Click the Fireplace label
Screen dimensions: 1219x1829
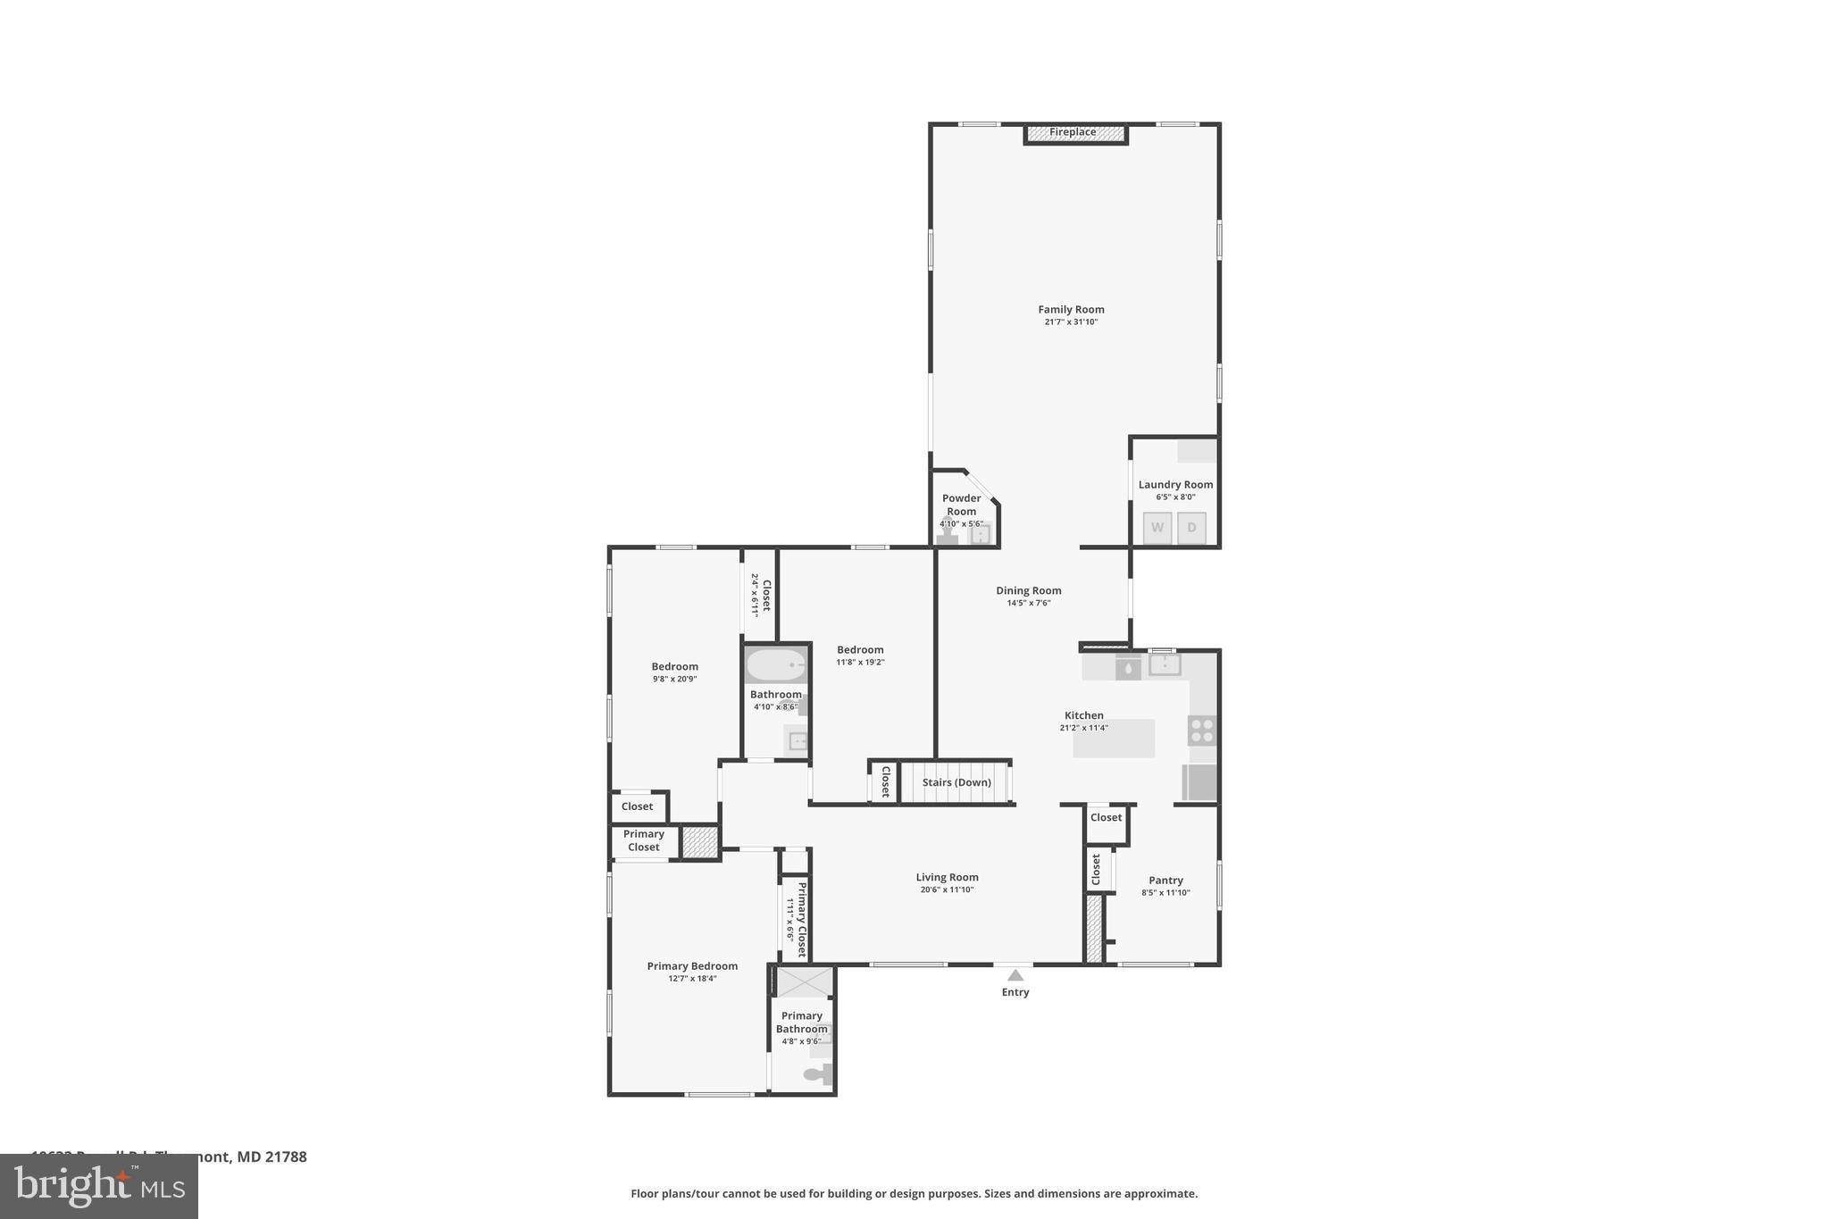[x=1073, y=132]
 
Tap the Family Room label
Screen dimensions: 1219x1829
[x=1071, y=310]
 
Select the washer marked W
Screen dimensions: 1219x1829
[x=1157, y=528]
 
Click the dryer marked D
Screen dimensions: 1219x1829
[x=1191, y=528]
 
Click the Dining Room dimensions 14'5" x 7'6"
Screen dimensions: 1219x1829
[x=1029, y=603]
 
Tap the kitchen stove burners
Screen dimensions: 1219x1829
[x=1201, y=731]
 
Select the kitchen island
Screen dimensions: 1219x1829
[x=1114, y=739]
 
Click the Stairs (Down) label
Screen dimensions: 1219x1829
[x=956, y=782]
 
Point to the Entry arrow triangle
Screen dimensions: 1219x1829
[x=1015, y=975]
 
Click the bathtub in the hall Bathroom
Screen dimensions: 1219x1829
[x=776, y=665]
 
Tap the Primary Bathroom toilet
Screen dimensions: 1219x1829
[x=817, y=1074]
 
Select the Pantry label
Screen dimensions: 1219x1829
[x=1165, y=881]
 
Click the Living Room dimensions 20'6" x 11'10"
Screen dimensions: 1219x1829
[x=947, y=889]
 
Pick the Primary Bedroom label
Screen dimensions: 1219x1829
[x=692, y=966]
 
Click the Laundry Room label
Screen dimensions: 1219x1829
[x=1175, y=485]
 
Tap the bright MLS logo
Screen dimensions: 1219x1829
[x=99, y=1187]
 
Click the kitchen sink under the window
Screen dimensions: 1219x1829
[x=1165, y=664]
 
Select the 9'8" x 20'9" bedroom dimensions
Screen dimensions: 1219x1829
[x=674, y=679]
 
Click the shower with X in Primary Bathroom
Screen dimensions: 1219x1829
[x=804, y=982]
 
